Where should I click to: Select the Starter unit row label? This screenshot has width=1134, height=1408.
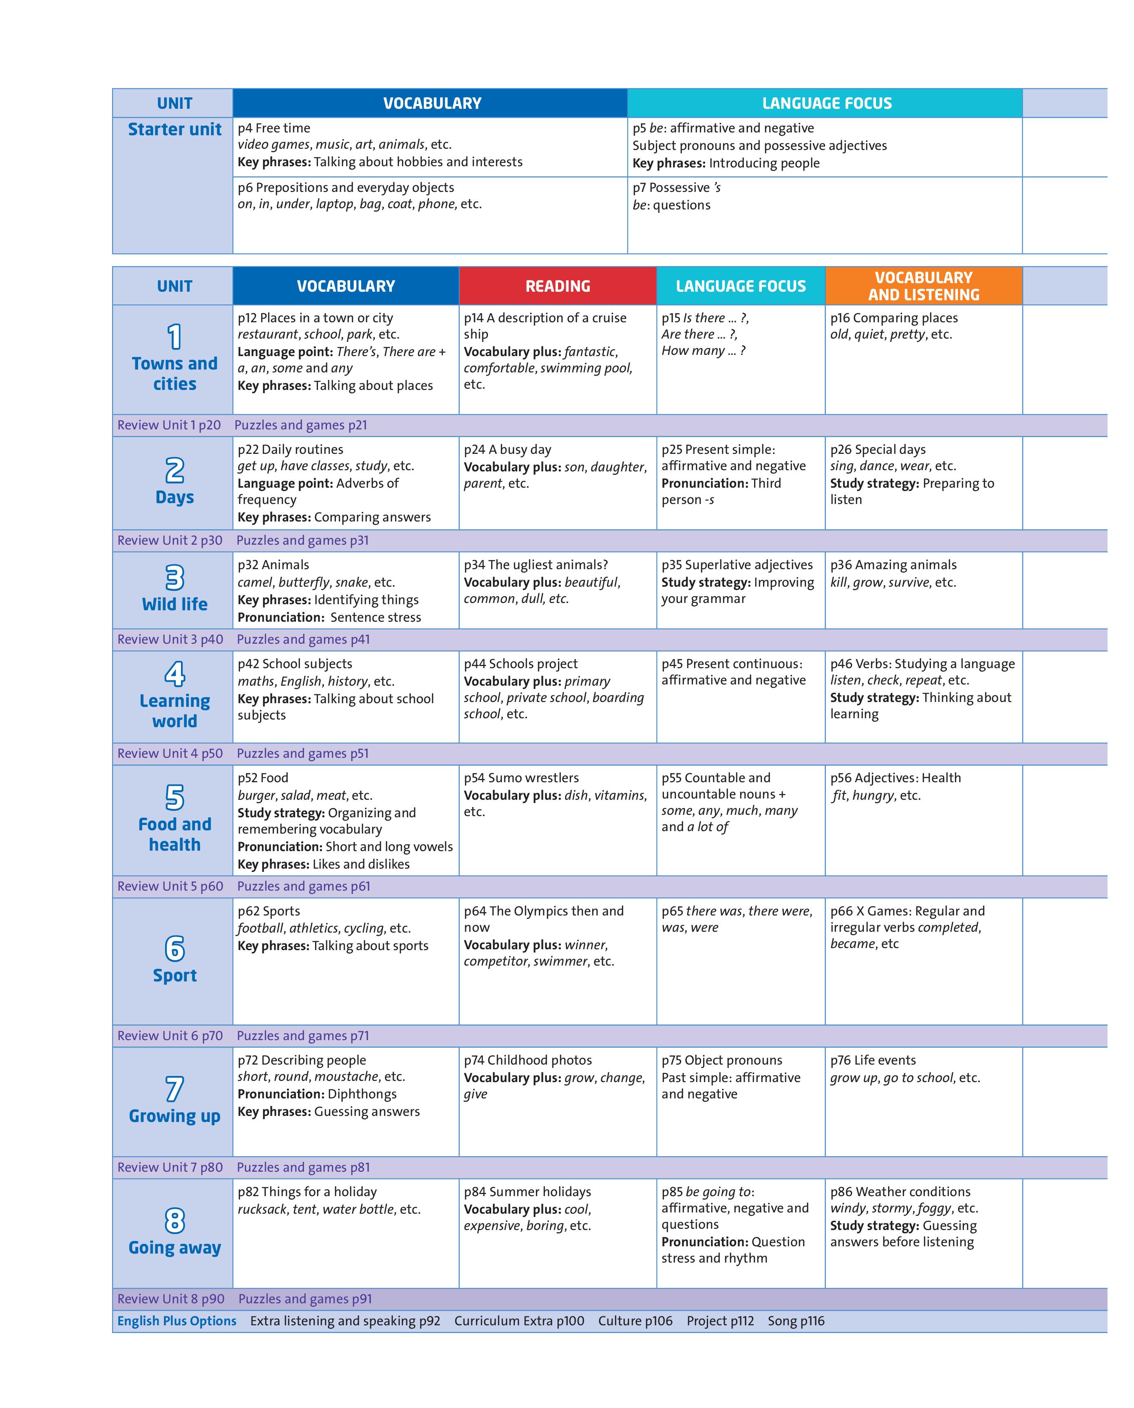coord(174,129)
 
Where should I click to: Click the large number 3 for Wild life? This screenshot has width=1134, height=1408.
coord(174,577)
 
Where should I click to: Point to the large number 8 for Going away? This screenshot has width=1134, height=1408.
coord(174,1220)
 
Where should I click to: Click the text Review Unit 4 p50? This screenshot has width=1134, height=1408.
coord(170,753)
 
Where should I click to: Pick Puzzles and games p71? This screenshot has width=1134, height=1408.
coord(302,1035)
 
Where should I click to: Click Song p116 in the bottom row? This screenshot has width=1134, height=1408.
coord(796,1320)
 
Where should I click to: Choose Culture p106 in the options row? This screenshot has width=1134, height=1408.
coord(635,1320)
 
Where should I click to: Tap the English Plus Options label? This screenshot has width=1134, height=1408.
coord(177,1320)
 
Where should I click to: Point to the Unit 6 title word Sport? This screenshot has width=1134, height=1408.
coord(174,975)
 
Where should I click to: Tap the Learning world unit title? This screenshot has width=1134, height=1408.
coord(174,711)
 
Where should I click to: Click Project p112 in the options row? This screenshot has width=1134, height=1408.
coord(720,1320)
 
